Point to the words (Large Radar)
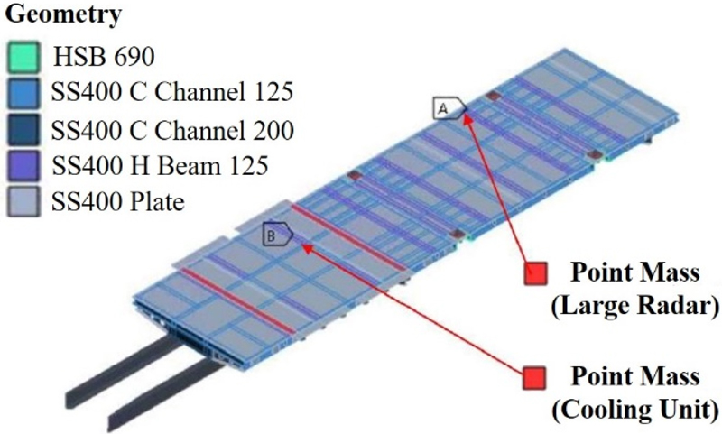[634, 307]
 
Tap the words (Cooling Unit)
[634, 409]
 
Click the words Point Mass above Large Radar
[636, 271]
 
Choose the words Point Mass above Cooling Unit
[636, 374]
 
